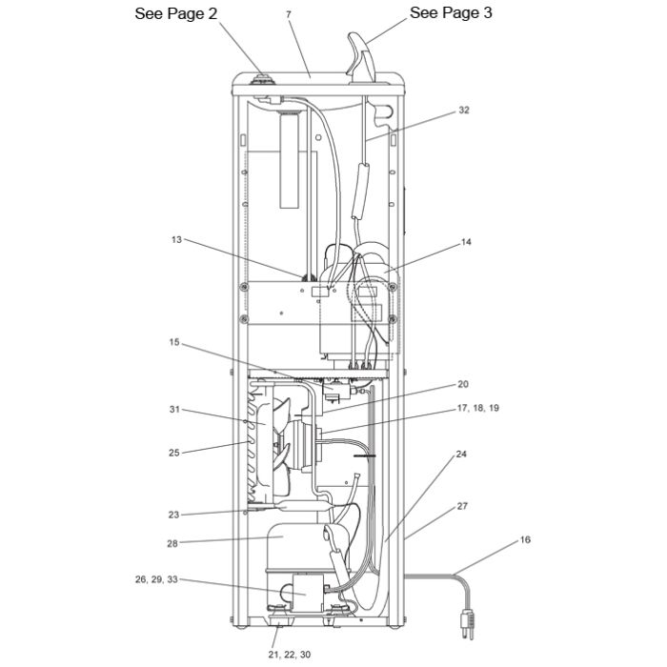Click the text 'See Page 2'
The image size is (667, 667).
(175, 13)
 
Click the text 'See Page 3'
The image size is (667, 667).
(451, 12)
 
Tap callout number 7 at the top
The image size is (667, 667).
(289, 14)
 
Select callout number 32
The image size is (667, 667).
(464, 111)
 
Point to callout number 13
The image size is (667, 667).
(176, 240)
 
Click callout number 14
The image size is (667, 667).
(466, 242)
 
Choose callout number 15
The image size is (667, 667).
(174, 342)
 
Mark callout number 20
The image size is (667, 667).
(463, 384)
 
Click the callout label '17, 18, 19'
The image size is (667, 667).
(478, 408)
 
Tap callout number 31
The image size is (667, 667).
(174, 409)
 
